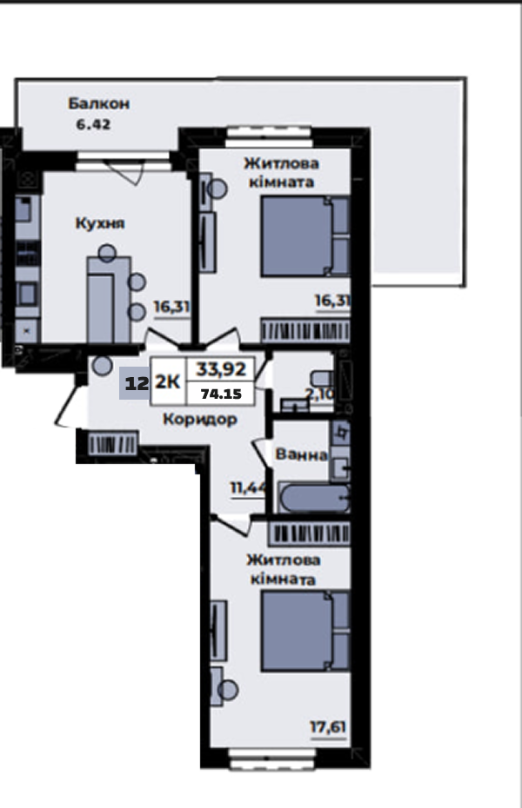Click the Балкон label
[x=98, y=104]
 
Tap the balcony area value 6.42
[x=93, y=125]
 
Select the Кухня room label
[x=100, y=223]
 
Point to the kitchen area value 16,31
[x=171, y=307]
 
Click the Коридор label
[x=200, y=420]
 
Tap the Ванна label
[x=301, y=454]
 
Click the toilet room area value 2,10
[x=320, y=394]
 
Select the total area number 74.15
[x=221, y=394]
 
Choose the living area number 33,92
[x=221, y=369]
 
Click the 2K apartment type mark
[x=168, y=382]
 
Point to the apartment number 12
[x=137, y=383]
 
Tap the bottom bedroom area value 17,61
[x=327, y=727]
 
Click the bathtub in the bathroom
[x=315, y=499]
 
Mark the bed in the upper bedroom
[x=305, y=236]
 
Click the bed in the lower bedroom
[x=305, y=631]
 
